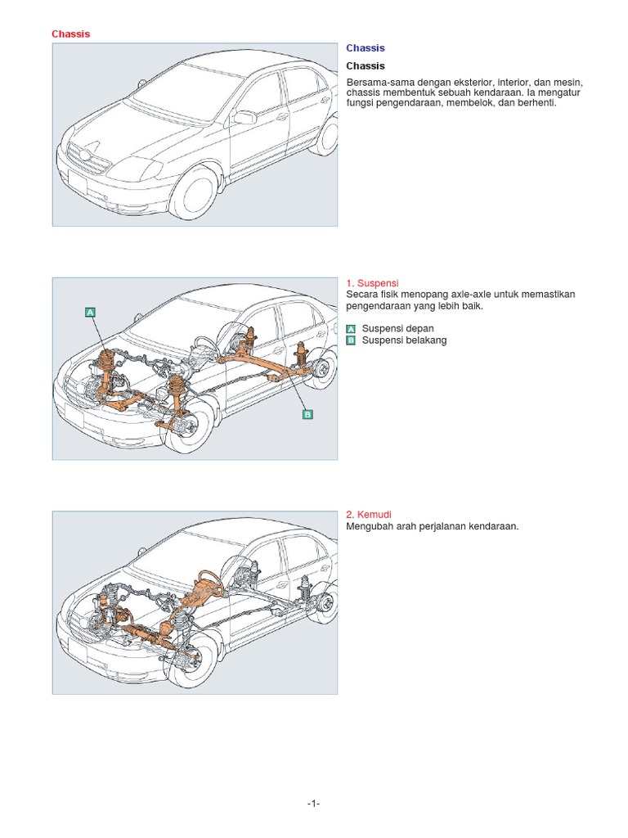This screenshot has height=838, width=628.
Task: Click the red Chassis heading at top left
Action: (x=70, y=34)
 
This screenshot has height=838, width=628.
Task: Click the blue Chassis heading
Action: (x=365, y=48)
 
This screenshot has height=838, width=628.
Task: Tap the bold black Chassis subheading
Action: (x=365, y=65)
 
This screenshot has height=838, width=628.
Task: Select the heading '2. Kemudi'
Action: (x=368, y=514)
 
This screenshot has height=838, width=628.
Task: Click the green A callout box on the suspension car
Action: (x=90, y=312)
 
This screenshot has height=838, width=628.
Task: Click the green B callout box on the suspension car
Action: (x=307, y=415)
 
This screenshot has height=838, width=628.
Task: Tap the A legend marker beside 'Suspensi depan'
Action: (x=351, y=329)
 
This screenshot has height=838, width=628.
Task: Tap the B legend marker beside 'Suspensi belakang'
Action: (x=351, y=340)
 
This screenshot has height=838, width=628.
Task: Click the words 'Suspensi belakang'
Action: (x=404, y=340)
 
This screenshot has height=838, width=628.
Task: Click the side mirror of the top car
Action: (x=244, y=118)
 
